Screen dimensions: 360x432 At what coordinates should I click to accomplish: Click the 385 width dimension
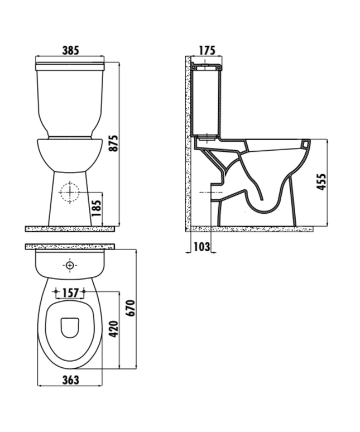pos(70,50)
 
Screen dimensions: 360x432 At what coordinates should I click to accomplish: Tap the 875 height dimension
pos(113,143)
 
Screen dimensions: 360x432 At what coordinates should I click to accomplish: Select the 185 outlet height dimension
pos(97,208)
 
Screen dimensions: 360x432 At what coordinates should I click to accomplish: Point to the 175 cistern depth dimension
pos(207,50)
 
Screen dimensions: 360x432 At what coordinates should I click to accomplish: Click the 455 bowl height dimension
pos(321,181)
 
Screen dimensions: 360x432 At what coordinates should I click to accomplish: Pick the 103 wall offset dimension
pos(202,247)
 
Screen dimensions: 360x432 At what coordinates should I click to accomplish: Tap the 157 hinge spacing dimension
pos(70,293)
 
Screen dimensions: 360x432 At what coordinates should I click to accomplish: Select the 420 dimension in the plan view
pos(113,329)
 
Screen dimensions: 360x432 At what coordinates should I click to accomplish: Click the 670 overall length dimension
pos(130,308)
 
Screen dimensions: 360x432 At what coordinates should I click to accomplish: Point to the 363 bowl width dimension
pos(70,380)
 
